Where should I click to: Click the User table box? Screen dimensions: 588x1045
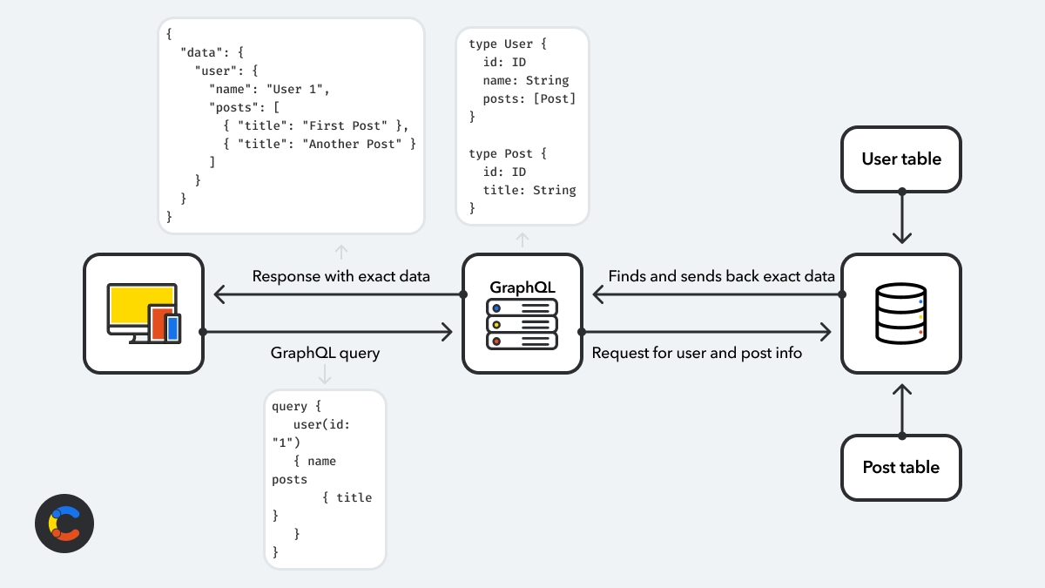click(x=901, y=159)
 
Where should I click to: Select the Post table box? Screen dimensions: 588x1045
click(x=901, y=468)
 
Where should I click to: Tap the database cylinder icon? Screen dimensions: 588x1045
click(x=901, y=314)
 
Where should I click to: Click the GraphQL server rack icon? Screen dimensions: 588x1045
click(x=522, y=324)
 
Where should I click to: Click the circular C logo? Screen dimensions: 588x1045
click(x=64, y=524)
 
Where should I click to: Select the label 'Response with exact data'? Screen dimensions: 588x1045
click(x=340, y=276)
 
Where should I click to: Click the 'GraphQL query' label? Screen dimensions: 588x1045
click(x=325, y=353)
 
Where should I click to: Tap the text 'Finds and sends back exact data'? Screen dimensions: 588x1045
click(x=721, y=276)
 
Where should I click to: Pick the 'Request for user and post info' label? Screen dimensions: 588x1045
click(x=697, y=353)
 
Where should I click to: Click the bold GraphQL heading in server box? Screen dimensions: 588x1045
click(x=522, y=287)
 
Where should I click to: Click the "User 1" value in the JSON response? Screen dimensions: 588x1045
click(x=298, y=89)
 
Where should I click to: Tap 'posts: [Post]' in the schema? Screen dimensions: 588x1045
click(x=529, y=98)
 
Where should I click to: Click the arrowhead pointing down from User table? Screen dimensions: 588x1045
click(x=901, y=236)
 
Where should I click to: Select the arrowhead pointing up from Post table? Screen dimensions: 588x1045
click(x=901, y=391)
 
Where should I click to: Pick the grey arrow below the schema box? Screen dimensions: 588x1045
click(x=522, y=240)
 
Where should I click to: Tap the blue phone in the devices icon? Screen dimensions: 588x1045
click(x=172, y=328)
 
